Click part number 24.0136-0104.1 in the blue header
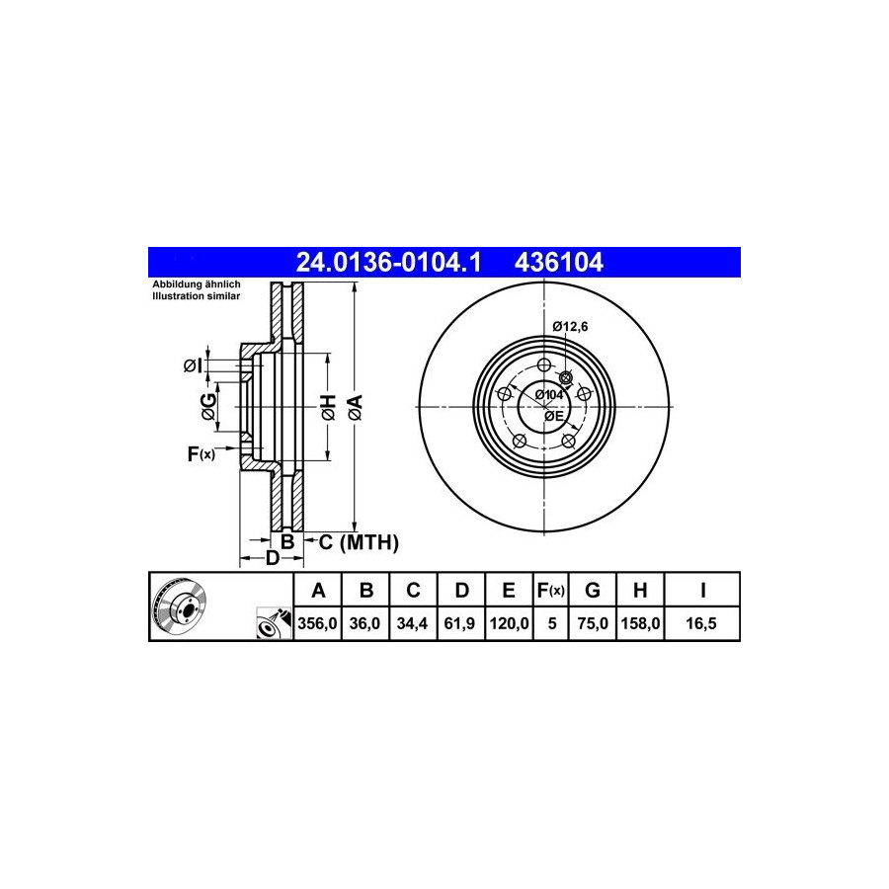388,263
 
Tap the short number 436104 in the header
558,263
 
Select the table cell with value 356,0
317,623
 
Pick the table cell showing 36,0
365,623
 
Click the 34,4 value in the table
413,623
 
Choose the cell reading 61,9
460,623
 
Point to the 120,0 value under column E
509,623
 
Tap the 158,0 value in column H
639,623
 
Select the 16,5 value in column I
701,623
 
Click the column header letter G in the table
592,591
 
